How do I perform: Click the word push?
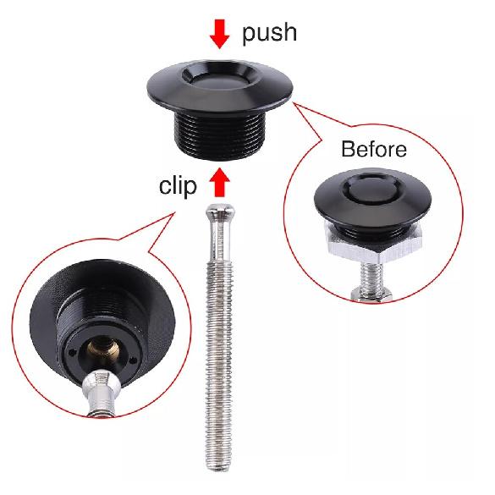point(269,33)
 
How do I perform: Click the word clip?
point(178,185)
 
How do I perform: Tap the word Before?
point(373,151)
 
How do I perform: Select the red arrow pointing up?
point(220,181)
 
